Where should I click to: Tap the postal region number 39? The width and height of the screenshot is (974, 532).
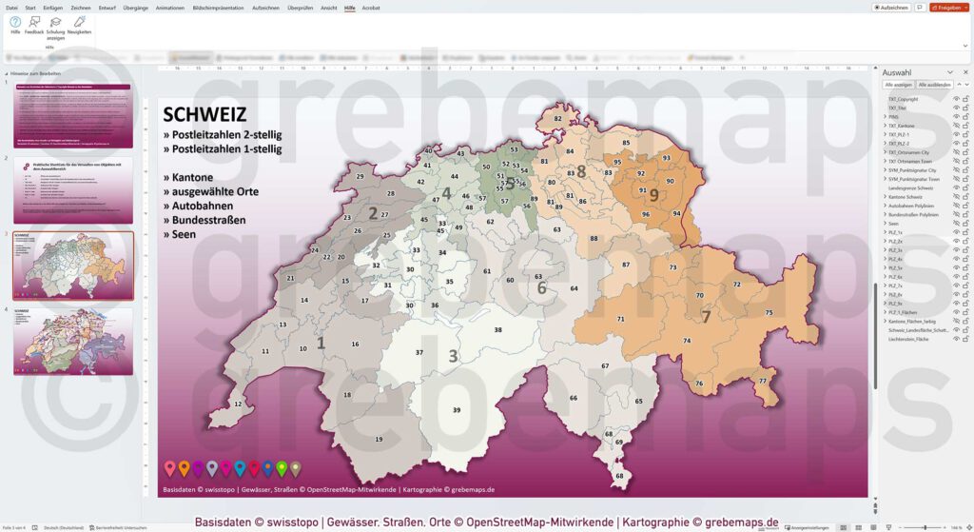coord(457,409)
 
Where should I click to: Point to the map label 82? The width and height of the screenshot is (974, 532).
coord(558,119)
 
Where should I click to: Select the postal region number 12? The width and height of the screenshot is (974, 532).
coord(238,404)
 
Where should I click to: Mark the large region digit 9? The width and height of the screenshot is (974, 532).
coord(654,195)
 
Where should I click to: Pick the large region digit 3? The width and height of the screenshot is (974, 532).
coord(453,356)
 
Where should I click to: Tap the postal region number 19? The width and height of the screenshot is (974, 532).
coord(379,439)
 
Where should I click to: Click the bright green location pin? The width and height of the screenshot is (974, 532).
coord(282,467)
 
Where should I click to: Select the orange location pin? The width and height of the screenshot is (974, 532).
coord(170,467)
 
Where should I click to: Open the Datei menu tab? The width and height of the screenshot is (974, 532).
coord(11,7)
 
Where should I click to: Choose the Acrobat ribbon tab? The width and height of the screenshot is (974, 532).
coord(371,7)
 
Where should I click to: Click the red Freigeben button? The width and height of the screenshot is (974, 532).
coord(947,8)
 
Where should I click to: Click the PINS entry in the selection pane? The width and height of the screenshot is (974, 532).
coord(894,116)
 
